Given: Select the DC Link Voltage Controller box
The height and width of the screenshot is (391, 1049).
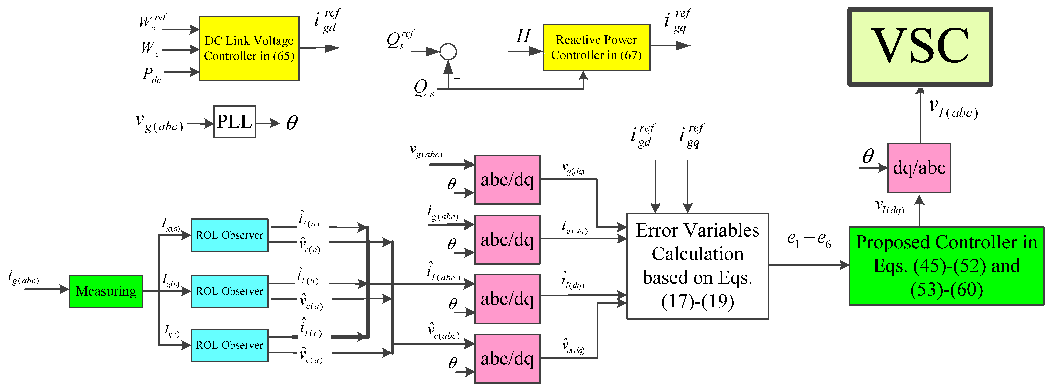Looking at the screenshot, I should pos(249,48).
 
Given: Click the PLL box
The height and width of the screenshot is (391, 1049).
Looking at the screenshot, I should pos(234,122).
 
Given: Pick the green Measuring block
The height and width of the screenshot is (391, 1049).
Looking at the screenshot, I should pos(106,291).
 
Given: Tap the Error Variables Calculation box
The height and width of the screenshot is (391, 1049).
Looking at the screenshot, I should pos(697,266).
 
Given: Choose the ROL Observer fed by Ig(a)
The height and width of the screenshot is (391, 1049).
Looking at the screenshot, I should pos(229,235).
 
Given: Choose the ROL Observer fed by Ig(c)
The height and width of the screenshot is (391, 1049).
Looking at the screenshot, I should pos(229,345).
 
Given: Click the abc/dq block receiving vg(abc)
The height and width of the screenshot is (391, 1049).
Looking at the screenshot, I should pos(507,180).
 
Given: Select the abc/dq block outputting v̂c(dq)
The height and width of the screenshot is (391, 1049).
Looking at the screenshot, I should pos(507,359).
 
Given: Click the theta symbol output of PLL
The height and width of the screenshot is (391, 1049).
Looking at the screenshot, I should pos(292,123).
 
